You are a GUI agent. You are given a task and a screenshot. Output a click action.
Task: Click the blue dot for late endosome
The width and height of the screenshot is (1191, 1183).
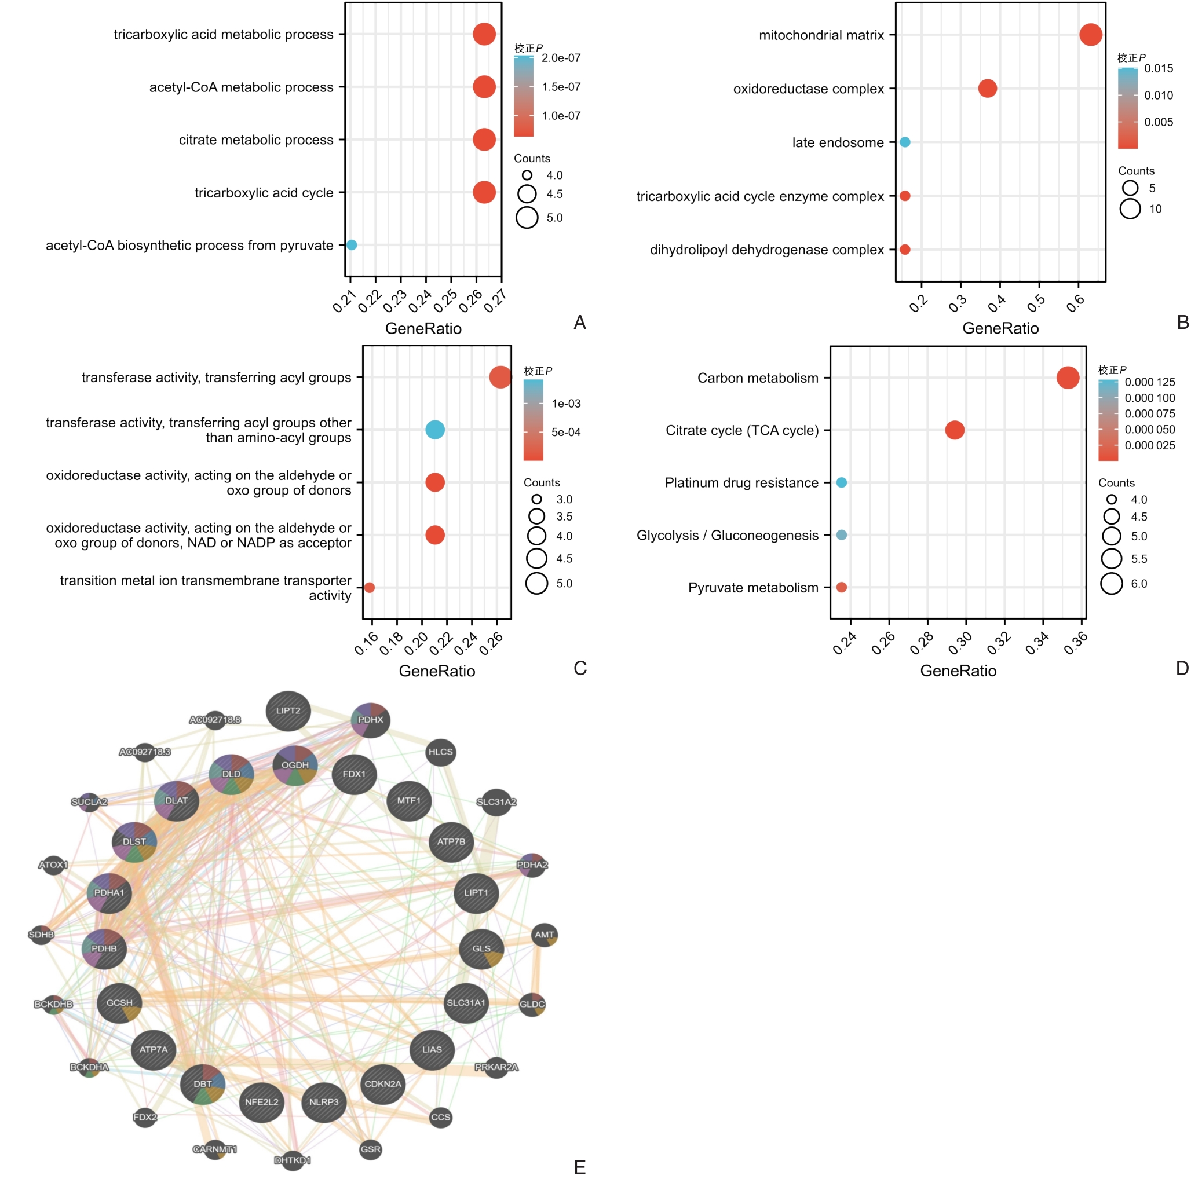[x=904, y=142]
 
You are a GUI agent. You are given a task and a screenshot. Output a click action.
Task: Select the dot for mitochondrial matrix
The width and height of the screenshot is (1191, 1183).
[x=1091, y=35]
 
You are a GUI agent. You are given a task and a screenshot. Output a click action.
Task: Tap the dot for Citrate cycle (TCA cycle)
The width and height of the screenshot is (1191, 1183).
[x=954, y=430]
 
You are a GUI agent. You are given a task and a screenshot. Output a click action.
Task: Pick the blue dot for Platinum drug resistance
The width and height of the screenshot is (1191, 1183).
[x=842, y=482]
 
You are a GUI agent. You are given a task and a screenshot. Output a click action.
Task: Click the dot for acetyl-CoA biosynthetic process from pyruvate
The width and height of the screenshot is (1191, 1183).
[x=352, y=244]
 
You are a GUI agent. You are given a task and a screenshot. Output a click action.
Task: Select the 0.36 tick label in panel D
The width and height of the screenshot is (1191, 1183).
[x=1076, y=644]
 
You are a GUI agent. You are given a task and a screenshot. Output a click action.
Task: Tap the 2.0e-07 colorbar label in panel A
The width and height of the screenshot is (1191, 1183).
[x=561, y=58]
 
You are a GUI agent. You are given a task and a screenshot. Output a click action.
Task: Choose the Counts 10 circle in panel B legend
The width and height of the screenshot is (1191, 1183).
[x=1130, y=209]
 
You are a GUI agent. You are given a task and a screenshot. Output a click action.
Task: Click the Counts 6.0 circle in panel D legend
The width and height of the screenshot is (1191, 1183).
[x=1112, y=584]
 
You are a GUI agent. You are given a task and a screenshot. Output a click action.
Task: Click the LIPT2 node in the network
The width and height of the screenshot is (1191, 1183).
[x=288, y=711]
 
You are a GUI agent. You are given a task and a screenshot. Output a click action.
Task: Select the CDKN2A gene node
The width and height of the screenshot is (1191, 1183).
[x=383, y=1084]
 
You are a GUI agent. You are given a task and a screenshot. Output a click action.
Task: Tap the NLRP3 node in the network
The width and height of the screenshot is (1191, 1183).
[x=324, y=1102]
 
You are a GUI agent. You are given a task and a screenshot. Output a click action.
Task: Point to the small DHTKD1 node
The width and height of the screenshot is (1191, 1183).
[x=293, y=1160]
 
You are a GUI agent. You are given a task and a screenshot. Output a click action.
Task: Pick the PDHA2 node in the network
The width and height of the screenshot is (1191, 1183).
[x=531, y=865]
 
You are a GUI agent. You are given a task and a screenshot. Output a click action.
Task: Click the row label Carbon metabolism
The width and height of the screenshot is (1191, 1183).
[x=758, y=378]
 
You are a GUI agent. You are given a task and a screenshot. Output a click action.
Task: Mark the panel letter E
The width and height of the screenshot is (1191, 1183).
[x=579, y=1166]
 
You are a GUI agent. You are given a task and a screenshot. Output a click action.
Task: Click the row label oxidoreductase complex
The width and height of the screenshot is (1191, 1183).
[x=808, y=89]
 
